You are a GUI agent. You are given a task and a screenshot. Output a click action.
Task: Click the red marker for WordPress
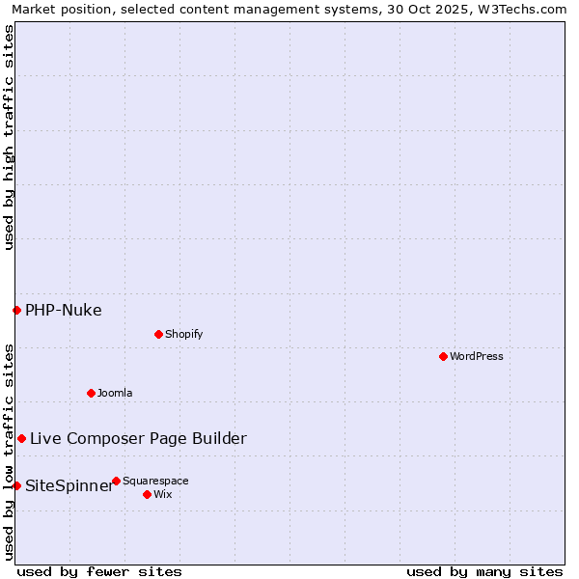443,356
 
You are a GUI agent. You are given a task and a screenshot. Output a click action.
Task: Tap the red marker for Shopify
158,334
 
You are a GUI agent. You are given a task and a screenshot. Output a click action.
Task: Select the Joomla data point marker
91,393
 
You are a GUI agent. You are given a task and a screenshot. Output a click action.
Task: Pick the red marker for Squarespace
116,481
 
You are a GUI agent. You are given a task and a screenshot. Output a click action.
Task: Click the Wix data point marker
147,494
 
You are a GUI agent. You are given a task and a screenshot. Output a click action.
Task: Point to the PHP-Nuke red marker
16,310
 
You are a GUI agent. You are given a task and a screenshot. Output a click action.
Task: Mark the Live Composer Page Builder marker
21,438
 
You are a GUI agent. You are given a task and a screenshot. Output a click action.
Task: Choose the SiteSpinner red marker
16,485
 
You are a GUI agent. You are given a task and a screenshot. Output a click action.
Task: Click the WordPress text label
477,356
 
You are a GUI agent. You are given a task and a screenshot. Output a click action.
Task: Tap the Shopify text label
183,334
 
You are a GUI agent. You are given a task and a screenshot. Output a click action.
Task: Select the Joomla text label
115,393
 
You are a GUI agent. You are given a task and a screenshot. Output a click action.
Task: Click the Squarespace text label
155,481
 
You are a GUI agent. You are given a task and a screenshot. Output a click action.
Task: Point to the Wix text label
162,494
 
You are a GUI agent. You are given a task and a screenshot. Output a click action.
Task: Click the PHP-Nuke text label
64,310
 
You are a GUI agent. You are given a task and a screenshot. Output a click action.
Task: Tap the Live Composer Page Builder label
138,438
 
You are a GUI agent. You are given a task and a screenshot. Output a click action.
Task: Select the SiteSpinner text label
69,485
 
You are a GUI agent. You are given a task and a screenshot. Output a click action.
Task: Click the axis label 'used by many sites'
484,571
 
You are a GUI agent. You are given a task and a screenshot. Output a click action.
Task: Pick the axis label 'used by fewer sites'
99,571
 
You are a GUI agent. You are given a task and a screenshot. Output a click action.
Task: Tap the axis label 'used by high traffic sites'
9,137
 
